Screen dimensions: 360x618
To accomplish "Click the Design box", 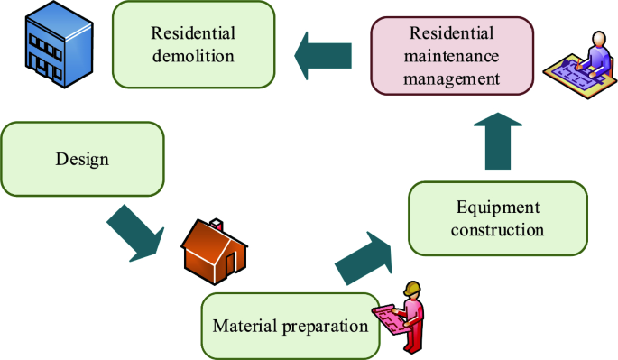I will click(82, 160).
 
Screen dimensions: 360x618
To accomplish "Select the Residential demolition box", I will click(194, 44).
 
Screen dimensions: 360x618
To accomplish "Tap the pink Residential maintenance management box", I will click(451, 56).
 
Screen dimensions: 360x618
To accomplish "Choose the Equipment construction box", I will click(498, 217).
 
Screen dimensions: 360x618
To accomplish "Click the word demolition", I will click(194, 56).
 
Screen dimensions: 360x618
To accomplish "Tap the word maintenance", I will click(451, 56).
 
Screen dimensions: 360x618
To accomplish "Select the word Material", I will click(244, 324).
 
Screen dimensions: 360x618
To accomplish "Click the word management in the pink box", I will click(451, 78).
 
